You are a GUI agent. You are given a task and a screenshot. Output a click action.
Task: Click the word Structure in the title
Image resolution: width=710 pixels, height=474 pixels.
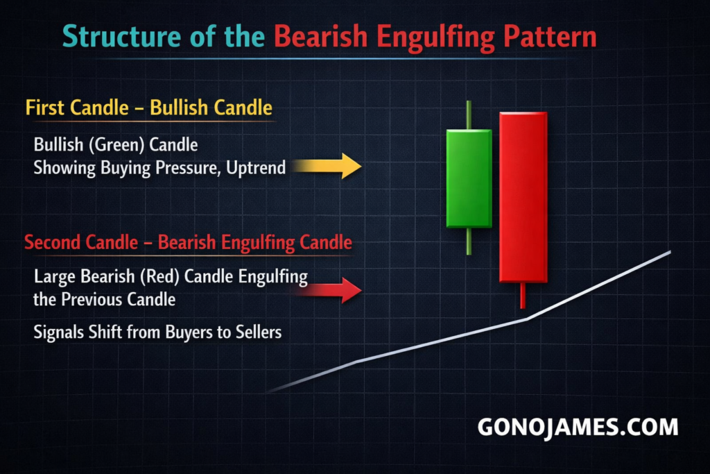122,36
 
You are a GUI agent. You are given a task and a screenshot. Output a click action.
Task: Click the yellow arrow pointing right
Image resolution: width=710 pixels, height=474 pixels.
327,166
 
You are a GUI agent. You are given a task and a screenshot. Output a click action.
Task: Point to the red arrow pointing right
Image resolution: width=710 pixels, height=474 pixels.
329,290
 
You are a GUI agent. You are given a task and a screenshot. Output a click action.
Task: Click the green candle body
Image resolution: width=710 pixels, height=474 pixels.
469,178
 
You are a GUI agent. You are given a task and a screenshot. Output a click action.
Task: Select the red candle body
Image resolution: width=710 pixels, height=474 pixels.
523,197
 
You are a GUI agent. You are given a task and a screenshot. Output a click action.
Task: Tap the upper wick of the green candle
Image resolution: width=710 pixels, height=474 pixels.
469,115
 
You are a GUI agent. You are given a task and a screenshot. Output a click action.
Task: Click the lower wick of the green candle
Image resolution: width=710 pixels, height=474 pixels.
469,241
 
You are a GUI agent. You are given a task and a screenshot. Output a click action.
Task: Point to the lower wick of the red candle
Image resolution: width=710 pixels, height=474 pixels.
523,296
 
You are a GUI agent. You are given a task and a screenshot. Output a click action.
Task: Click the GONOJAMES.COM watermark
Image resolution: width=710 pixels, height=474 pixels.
578,428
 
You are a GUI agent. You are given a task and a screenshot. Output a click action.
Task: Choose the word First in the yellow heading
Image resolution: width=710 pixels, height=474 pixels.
45,108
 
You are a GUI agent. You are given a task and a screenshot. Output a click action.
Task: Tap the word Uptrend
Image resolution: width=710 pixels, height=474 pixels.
256,168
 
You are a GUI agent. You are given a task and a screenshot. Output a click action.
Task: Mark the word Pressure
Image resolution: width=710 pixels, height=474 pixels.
188,168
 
